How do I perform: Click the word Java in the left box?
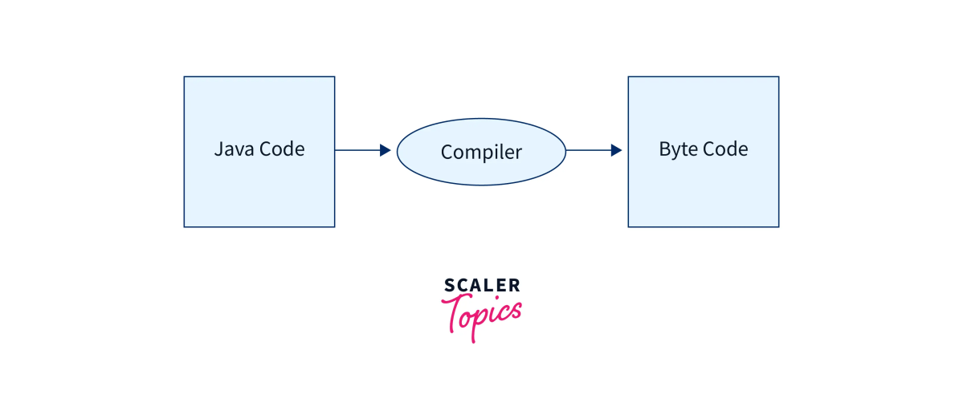tap(231, 149)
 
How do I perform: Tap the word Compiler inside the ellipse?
tap(481, 152)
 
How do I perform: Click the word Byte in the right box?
tap(677, 149)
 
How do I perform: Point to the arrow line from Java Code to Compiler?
tap(357, 150)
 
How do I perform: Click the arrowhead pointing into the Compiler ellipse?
tap(386, 150)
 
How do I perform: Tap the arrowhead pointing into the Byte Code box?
tap(617, 150)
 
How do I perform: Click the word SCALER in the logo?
tap(482, 285)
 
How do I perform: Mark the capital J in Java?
tap(218, 149)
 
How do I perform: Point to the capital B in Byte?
tap(664, 149)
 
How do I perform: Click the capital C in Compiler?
tap(447, 152)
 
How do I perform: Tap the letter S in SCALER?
tap(449, 285)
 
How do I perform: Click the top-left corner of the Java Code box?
tap(185, 77)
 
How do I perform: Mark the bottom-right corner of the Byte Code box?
tap(778, 226)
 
